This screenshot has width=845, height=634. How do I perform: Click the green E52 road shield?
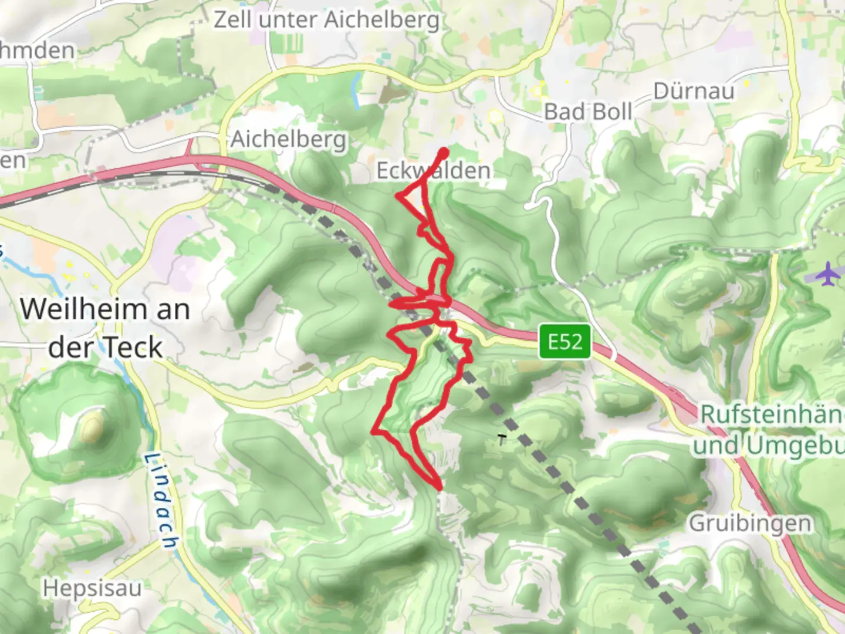click(x=565, y=342)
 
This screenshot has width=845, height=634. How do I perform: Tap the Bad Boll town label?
click(x=588, y=112)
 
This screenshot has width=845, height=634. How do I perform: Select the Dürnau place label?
click(x=694, y=92)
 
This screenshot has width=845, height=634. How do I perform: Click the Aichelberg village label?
click(x=288, y=140)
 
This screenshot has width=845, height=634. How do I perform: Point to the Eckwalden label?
click(x=433, y=171)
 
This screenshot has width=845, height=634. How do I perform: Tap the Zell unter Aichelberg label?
click(x=326, y=20)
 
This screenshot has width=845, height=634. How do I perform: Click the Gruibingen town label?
click(x=750, y=522)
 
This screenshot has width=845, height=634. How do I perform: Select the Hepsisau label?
click(x=92, y=588)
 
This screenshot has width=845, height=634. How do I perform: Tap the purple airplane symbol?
click(x=827, y=274)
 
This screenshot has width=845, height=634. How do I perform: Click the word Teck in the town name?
click(x=134, y=348)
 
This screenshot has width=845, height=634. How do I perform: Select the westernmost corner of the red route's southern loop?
click(x=373, y=433)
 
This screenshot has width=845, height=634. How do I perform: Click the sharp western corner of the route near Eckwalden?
click(x=398, y=195)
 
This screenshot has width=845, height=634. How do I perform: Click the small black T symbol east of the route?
click(x=501, y=438)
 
